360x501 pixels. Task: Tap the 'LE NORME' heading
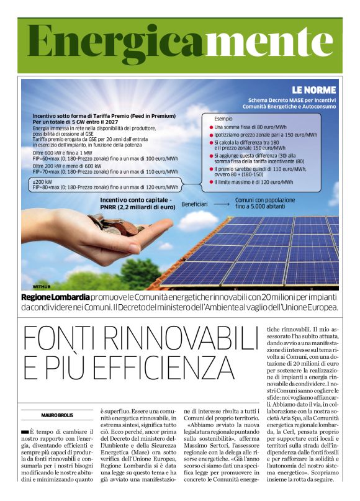[x=313, y=89]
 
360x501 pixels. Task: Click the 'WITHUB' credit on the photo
[x=42, y=287]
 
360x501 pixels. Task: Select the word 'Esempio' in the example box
[x=223, y=118]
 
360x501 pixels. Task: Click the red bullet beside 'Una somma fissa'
[x=211, y=127]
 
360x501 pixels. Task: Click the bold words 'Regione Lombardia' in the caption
[x=55, y=296]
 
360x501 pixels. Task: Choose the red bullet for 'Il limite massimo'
[x=211, y=182]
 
